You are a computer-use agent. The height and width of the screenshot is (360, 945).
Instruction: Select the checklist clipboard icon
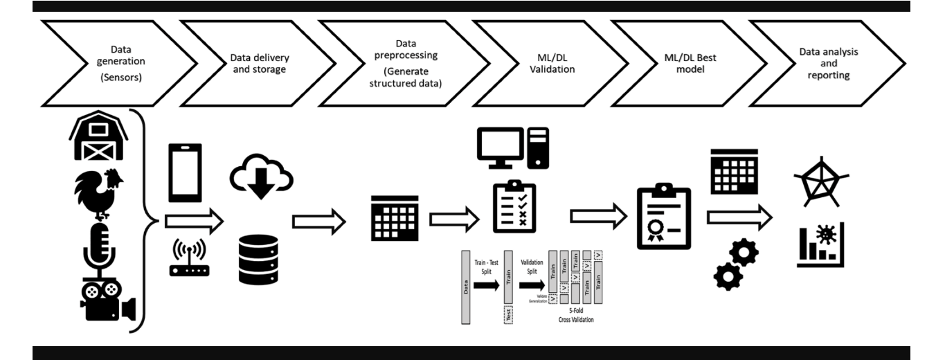514,206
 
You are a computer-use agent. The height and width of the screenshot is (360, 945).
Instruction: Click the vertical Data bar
465,284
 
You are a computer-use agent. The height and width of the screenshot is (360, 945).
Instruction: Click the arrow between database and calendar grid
318,222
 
